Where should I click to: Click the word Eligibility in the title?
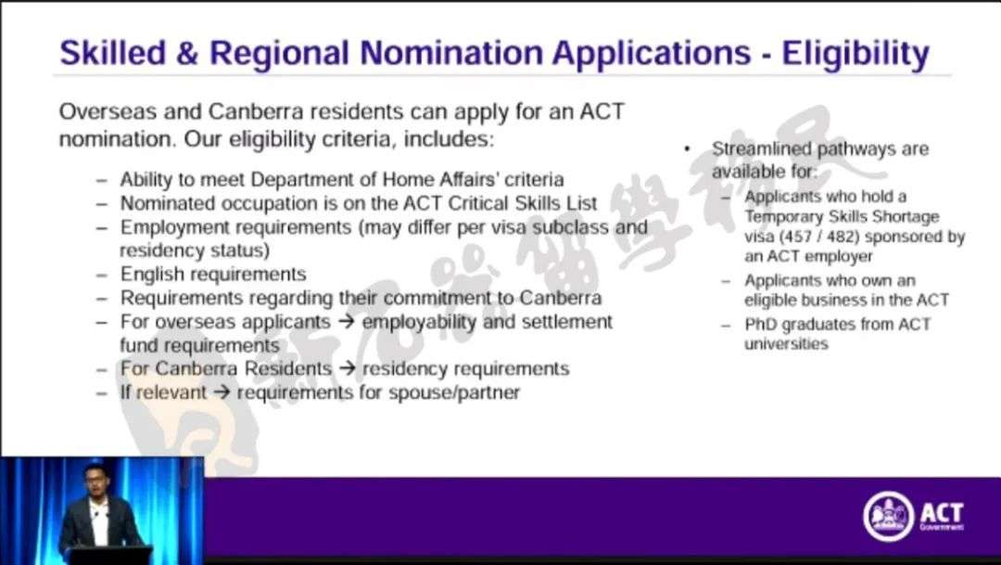855,54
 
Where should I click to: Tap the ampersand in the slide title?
187,53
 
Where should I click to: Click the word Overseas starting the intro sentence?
108,111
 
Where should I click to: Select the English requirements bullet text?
213,275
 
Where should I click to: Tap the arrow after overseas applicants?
346,322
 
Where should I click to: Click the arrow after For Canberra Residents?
347,369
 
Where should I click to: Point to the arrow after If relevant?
221,392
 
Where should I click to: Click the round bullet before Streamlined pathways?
687,149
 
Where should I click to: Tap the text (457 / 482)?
816,237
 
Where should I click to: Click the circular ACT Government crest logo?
888,516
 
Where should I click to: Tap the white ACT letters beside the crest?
942,513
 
